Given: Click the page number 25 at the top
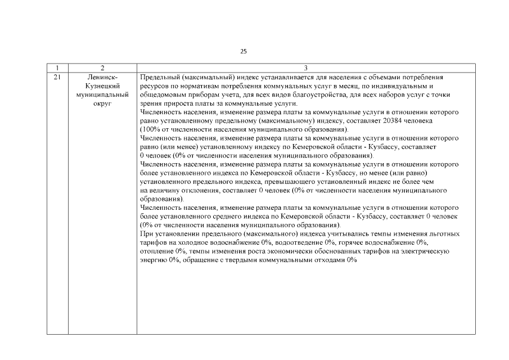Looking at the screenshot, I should (x=243, y=51).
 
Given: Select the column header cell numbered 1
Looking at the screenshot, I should (x=57, y=67).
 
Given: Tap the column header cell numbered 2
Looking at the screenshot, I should (x=102, y=67).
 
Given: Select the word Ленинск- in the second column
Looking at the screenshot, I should (x=102, y=76).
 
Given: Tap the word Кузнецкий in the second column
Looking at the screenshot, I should (x=102, y=85).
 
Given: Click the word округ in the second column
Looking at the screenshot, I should (x=102, y=103).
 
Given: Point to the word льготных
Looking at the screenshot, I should (x=443, y=233).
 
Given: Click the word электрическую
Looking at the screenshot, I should (x=423, y=251).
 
